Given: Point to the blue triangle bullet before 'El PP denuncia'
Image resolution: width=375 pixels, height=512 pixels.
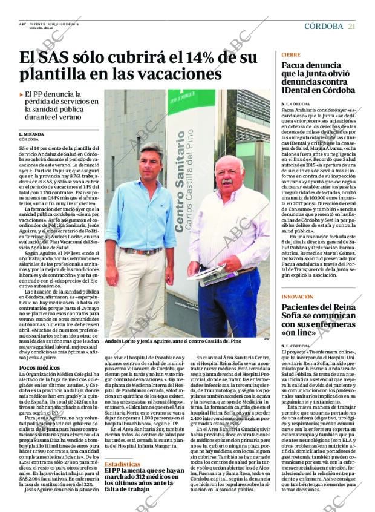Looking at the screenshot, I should pos(22,94).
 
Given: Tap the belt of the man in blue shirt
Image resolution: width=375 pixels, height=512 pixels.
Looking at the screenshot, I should pos(141,251).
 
